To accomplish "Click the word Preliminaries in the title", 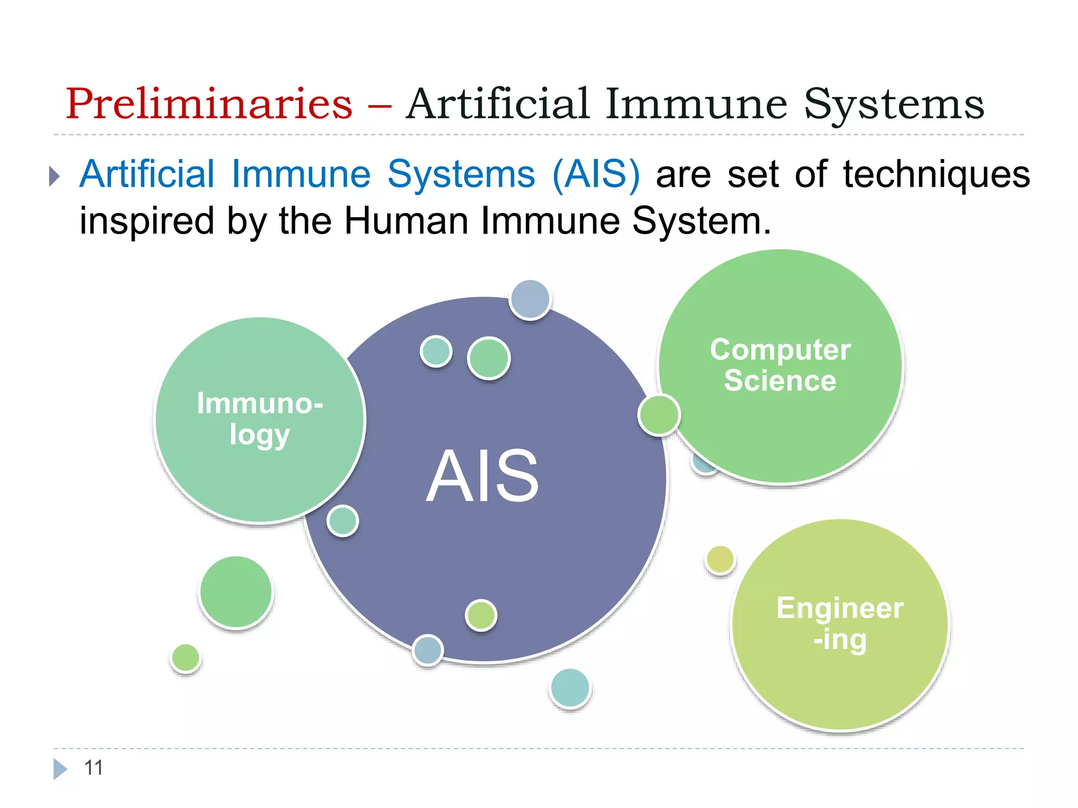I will (x=208, y=104).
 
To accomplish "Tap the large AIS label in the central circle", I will (x=482, y=476).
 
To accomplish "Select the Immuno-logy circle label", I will (x=259, y=419).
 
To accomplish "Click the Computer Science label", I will (x=780, y=365).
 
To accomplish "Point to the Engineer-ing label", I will (x=840, y=623).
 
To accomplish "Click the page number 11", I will (x=93, y=767).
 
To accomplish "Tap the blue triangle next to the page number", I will (x=60, y=769).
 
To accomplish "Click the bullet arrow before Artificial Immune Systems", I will (x=54, y=176).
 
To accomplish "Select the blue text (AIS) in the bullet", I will (x=596, y=175).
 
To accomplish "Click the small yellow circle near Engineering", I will (x=720, y=559).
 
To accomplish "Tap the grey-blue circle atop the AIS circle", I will (x=530, y=299).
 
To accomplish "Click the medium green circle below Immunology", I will (x=236, y=592).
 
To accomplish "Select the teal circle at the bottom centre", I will (x=570, y=688).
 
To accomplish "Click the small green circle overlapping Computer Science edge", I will (x=659, y=415).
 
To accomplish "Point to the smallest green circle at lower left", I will (x=186, y=658).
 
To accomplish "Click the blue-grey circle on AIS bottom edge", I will (x=427, y=650).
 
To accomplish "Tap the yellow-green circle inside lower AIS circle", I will (x=481, y=615).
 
